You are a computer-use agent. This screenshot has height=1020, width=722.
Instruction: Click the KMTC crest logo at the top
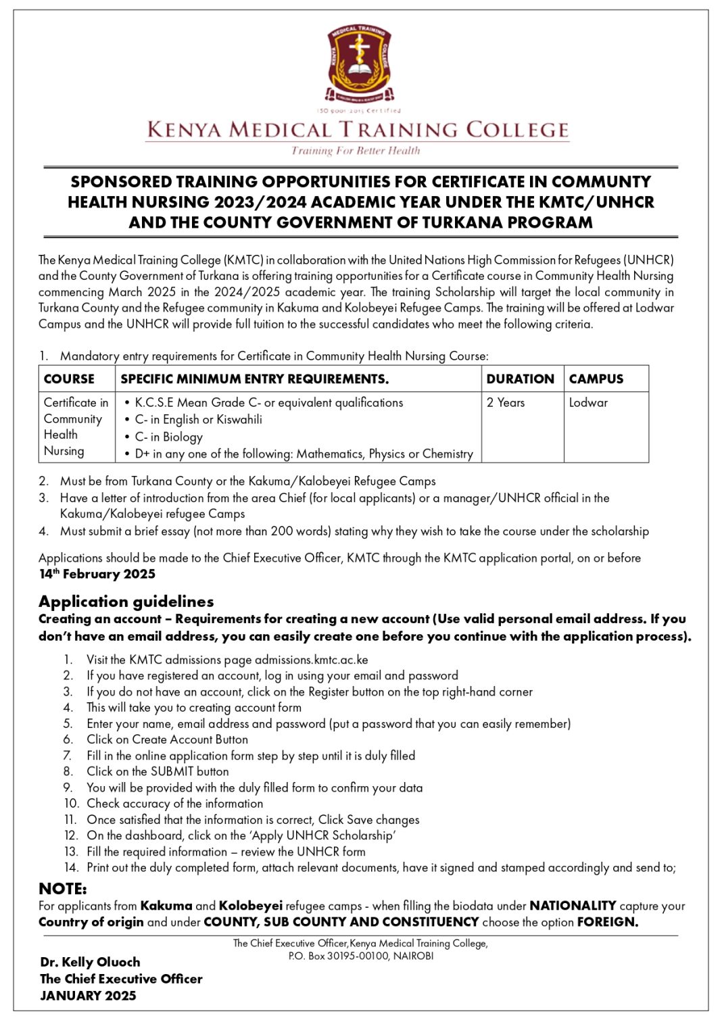359,64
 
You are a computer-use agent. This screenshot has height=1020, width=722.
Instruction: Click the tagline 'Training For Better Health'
356,151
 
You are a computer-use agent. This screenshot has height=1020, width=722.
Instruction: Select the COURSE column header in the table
69,379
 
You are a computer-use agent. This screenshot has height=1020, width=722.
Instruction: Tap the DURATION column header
520,379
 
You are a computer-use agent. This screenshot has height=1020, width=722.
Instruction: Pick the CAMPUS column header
596,379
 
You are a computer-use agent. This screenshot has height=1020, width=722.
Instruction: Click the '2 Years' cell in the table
505,403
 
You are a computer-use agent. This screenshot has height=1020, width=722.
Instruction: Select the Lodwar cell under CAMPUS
588,403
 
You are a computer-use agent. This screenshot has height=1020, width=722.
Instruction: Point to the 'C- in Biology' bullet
168,437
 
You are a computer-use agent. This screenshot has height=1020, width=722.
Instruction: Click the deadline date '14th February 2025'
97,575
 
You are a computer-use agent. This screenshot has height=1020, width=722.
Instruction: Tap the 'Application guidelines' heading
126,602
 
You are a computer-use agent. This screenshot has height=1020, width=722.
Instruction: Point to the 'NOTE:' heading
62,889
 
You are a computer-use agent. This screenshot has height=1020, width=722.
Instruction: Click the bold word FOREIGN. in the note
607,923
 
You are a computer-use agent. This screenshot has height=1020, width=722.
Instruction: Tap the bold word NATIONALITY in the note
572,906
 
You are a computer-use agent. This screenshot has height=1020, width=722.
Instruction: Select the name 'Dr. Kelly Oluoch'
90,963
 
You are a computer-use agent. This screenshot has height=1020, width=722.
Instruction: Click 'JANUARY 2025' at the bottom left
88,996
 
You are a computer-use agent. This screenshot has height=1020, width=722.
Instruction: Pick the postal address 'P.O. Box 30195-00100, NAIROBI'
360,956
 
